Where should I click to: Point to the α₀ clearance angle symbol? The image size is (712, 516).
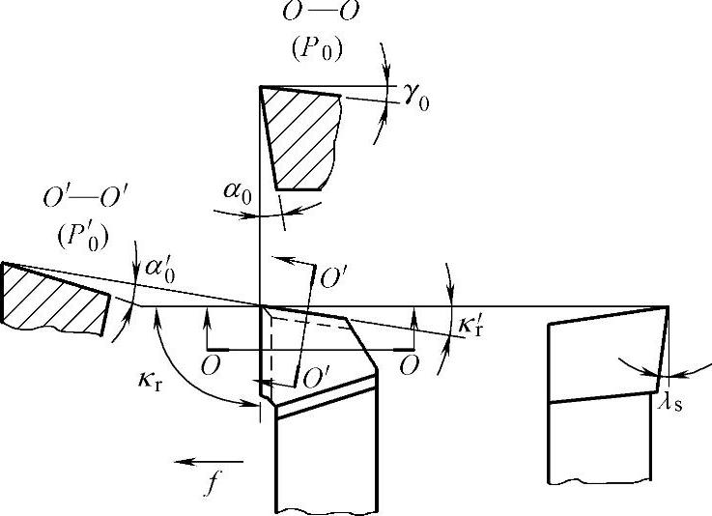[x=236, y=192]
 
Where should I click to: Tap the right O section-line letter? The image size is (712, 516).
[x=412, y=365]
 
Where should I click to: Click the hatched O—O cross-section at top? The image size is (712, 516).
[x=303, y=135]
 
